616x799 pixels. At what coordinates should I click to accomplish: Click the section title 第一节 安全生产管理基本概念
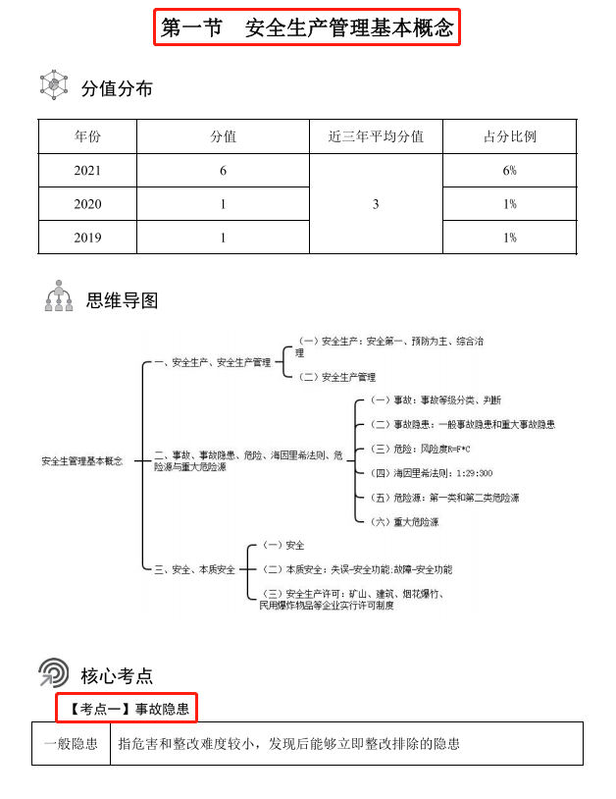click(307, 27)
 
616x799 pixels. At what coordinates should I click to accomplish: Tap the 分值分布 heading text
click(117, 88)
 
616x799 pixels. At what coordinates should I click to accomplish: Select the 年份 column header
click(87, 136)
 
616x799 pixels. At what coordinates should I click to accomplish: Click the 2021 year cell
click(87, 171)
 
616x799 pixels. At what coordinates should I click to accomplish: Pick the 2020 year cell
click(87, 204)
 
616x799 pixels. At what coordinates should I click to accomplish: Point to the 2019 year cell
click(87, 238)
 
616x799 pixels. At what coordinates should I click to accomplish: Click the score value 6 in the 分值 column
click(223, 171)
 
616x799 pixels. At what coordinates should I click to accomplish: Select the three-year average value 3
click(376, 204)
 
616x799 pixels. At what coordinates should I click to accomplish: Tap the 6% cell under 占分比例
click(509, 171)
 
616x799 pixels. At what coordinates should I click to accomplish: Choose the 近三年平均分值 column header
click(376, 136)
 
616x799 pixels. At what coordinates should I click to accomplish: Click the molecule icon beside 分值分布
click(53, 85)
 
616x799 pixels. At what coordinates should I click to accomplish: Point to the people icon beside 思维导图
click(59, 296)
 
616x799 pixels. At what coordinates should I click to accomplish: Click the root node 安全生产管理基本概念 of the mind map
click(82, 460)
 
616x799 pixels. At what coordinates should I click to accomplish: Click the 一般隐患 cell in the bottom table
click(71, 743)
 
